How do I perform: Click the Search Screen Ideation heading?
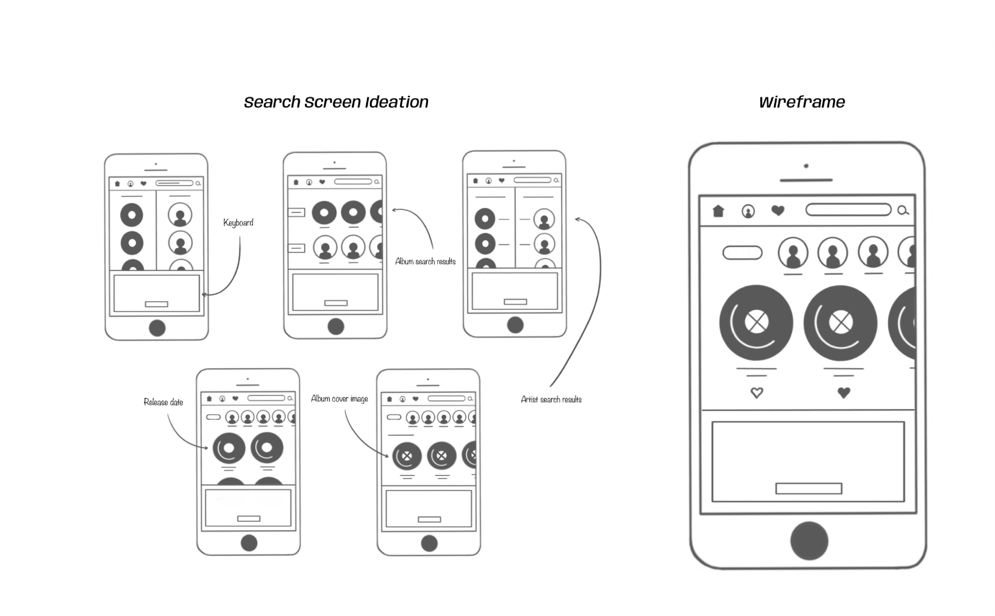(336, 102)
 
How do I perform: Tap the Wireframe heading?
(802, 102)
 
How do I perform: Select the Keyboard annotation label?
(238, 223)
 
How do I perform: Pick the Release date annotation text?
(163, 402)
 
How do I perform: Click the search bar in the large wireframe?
(848, 210)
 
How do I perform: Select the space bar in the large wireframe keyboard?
(809, 488)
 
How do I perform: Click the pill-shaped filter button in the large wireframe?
(742, 253)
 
